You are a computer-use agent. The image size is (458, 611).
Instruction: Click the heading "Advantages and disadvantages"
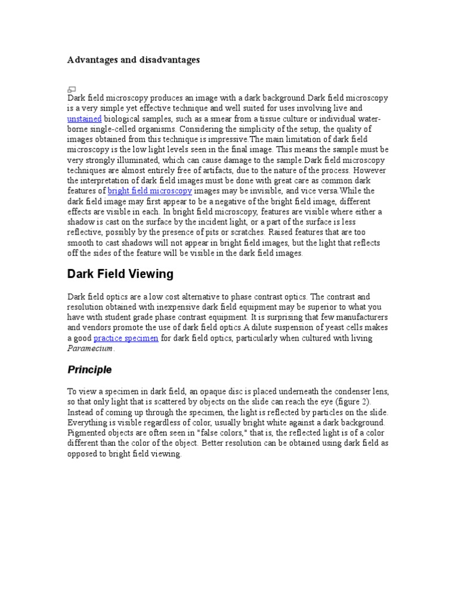tap(133, 60)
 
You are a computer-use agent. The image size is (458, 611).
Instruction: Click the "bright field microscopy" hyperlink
tap(150, 191)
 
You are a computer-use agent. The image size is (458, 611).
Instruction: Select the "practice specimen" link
tap(126, 338)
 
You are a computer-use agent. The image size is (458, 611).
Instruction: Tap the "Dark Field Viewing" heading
tap(120, 274)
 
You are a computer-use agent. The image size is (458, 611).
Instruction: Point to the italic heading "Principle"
tap(89, 370)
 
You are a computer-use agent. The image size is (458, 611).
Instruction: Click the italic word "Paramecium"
tap(89, 348)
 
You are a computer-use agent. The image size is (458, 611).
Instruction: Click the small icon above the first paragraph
tap(72, 89)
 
